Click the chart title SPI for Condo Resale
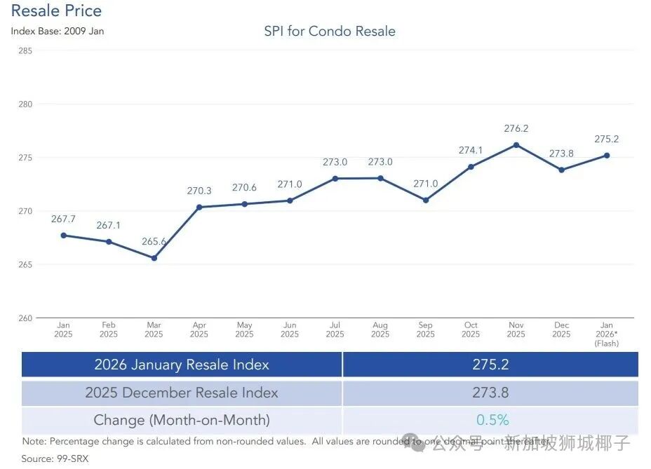pyautogui.click(x=330, y=32)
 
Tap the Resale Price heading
pyautogui.click(x=56, y=11)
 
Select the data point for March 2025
pyautogui.click(x=154, y=258)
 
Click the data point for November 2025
pyautogui.click(x=516, y=145)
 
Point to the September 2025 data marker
pyautogui.click(x=426, y=200)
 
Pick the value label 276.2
pyautogui.click(x=516, y=129)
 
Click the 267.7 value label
pyautogui.click(x=63, y=219)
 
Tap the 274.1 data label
pyautogui.click(x=471, y=150)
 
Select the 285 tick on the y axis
pyautogui.click(x=25, y=50)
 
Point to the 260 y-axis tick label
pyautogui.click(x=25, y=318)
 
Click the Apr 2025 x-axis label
pyautogui.click(x=199, y=329)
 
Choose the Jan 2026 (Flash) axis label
pyautogui.click(x=607, y=334)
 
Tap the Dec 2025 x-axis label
pyautogui.click(x=561, y=329)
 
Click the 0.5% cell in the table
pyautogui.click(x=492, y=420)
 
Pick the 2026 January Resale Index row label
pyautogui.click(x=182, y=365)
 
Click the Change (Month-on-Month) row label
pyautogui.click(x=182, y=420)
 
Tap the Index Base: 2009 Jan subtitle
pyautogui.click(x=58, y=32)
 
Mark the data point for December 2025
pyautogui.click(x=561, y=170)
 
